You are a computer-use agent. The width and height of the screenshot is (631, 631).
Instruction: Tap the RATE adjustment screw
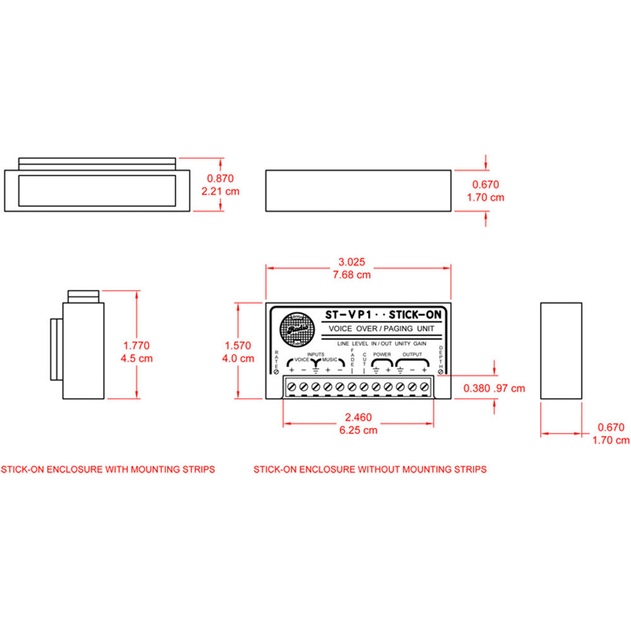click(x=276, y=372)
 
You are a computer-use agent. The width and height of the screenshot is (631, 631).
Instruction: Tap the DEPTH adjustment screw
click(x=440, y=372)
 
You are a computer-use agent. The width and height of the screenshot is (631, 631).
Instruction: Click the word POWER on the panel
click(x=382, y=355)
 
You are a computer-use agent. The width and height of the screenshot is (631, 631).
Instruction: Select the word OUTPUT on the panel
click(x=413, y=355)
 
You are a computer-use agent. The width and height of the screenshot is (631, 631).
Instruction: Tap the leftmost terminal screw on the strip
click(x=292, y=386)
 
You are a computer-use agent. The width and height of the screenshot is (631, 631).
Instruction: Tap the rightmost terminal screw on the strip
click(x=424, y=386)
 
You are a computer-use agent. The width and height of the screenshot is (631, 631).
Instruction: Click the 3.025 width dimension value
click(x=351, y=262)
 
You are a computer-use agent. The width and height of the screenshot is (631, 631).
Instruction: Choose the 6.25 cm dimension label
click(x=358, y=430)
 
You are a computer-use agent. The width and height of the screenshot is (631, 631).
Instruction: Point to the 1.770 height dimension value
click(x=136, y=346)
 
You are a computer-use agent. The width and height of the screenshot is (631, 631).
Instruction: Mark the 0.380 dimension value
click(x=476, y=389)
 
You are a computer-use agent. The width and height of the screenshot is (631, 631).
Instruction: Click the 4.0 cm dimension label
click(x=238, y=358)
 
